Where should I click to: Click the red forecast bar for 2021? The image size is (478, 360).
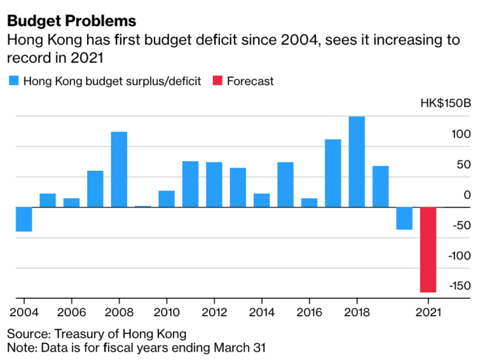pos(428,249)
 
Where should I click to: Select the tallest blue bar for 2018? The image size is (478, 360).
pos(357,162)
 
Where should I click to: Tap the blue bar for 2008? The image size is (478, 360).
pos(119,170)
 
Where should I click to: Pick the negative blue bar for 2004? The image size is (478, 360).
pos(24,219)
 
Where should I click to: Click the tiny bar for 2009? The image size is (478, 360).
pos(143,206)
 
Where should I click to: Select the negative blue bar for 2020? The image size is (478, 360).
pos(404,218)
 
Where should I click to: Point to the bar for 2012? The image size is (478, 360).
pos(214,185)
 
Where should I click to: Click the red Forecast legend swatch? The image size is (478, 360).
pos(217,81)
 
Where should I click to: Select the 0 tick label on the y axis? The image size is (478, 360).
pos(467,194)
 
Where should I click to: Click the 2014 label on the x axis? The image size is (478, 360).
pos(262,312)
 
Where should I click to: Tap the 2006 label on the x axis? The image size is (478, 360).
pos(71,312)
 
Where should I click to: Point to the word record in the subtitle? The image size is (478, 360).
pos(24,58)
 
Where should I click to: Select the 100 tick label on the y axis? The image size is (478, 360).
pos(461,134)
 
